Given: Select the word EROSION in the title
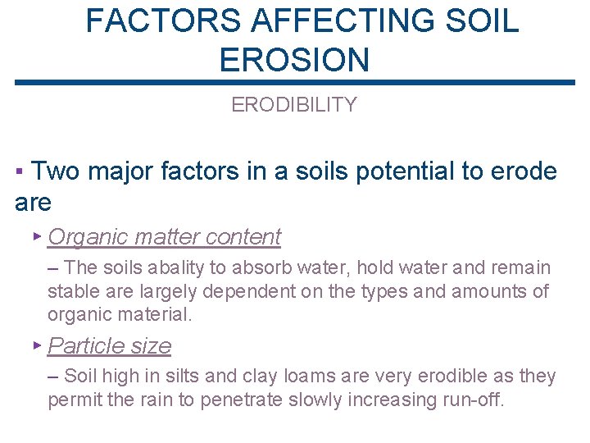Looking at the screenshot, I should [295, 60].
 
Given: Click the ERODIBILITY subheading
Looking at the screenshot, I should [294, 105].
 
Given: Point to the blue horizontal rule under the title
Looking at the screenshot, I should [295, 82].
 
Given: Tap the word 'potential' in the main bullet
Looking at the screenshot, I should [393, 171].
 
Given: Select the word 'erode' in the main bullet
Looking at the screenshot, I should [524, 171].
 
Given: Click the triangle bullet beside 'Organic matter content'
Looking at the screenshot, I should [37, 235].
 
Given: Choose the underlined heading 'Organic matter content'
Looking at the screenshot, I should [164, 237].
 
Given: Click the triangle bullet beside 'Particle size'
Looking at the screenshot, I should [37, 345].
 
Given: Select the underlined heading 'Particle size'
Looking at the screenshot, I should [110, 346].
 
